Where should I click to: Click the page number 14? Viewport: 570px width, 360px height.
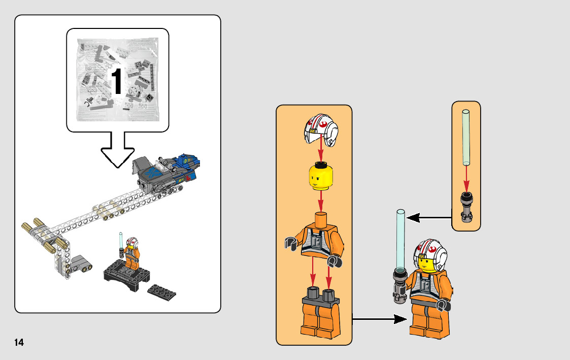coord(19,342)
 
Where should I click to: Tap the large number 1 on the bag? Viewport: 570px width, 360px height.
coord(117,81)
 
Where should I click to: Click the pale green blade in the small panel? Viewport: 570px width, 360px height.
coord(465,137)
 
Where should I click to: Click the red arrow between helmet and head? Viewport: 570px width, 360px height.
coord(320,149)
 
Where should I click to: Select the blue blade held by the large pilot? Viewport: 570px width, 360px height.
coord(399,239)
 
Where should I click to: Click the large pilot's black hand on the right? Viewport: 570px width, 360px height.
coord(443,305)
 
